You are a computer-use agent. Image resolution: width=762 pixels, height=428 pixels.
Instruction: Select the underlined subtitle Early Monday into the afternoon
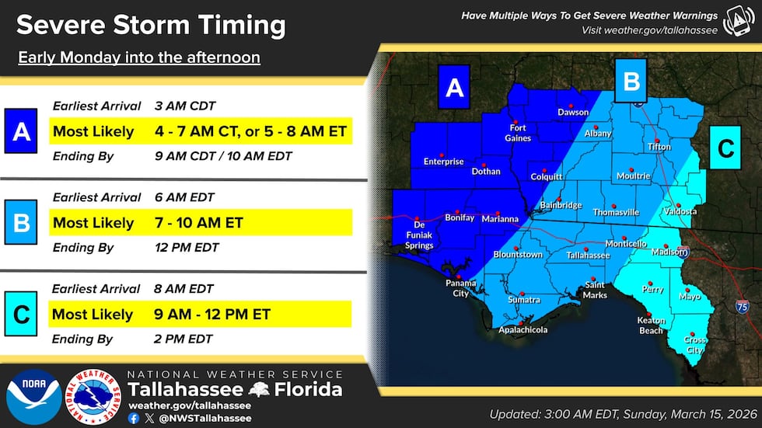138,57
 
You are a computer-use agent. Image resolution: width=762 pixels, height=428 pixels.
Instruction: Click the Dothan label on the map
486,171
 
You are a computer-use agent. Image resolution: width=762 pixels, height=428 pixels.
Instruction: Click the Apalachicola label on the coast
523,329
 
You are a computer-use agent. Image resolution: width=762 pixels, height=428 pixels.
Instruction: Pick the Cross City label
694,344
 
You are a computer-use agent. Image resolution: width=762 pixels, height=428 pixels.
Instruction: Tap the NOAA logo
33,397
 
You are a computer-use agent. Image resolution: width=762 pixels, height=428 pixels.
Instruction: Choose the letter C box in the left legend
22,315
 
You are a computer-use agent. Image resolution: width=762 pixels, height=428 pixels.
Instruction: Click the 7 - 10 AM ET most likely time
198,224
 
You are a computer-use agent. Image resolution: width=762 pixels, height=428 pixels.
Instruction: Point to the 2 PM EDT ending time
183,339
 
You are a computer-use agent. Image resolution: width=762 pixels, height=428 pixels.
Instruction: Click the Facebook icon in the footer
133,417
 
